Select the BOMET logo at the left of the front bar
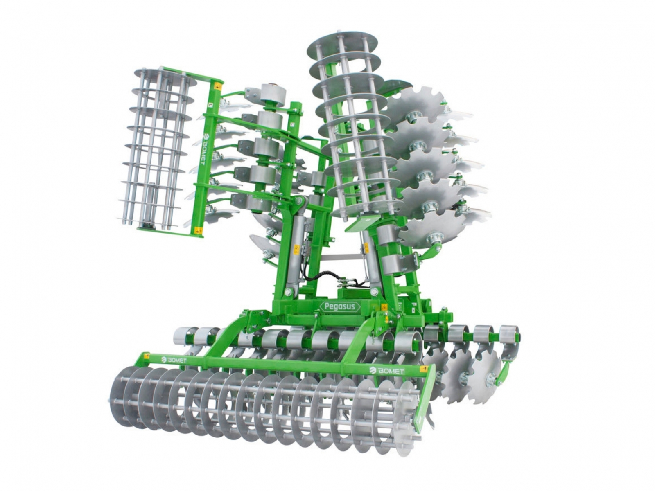click(x=174, y=360)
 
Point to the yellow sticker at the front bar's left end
click(x=146, y=356)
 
